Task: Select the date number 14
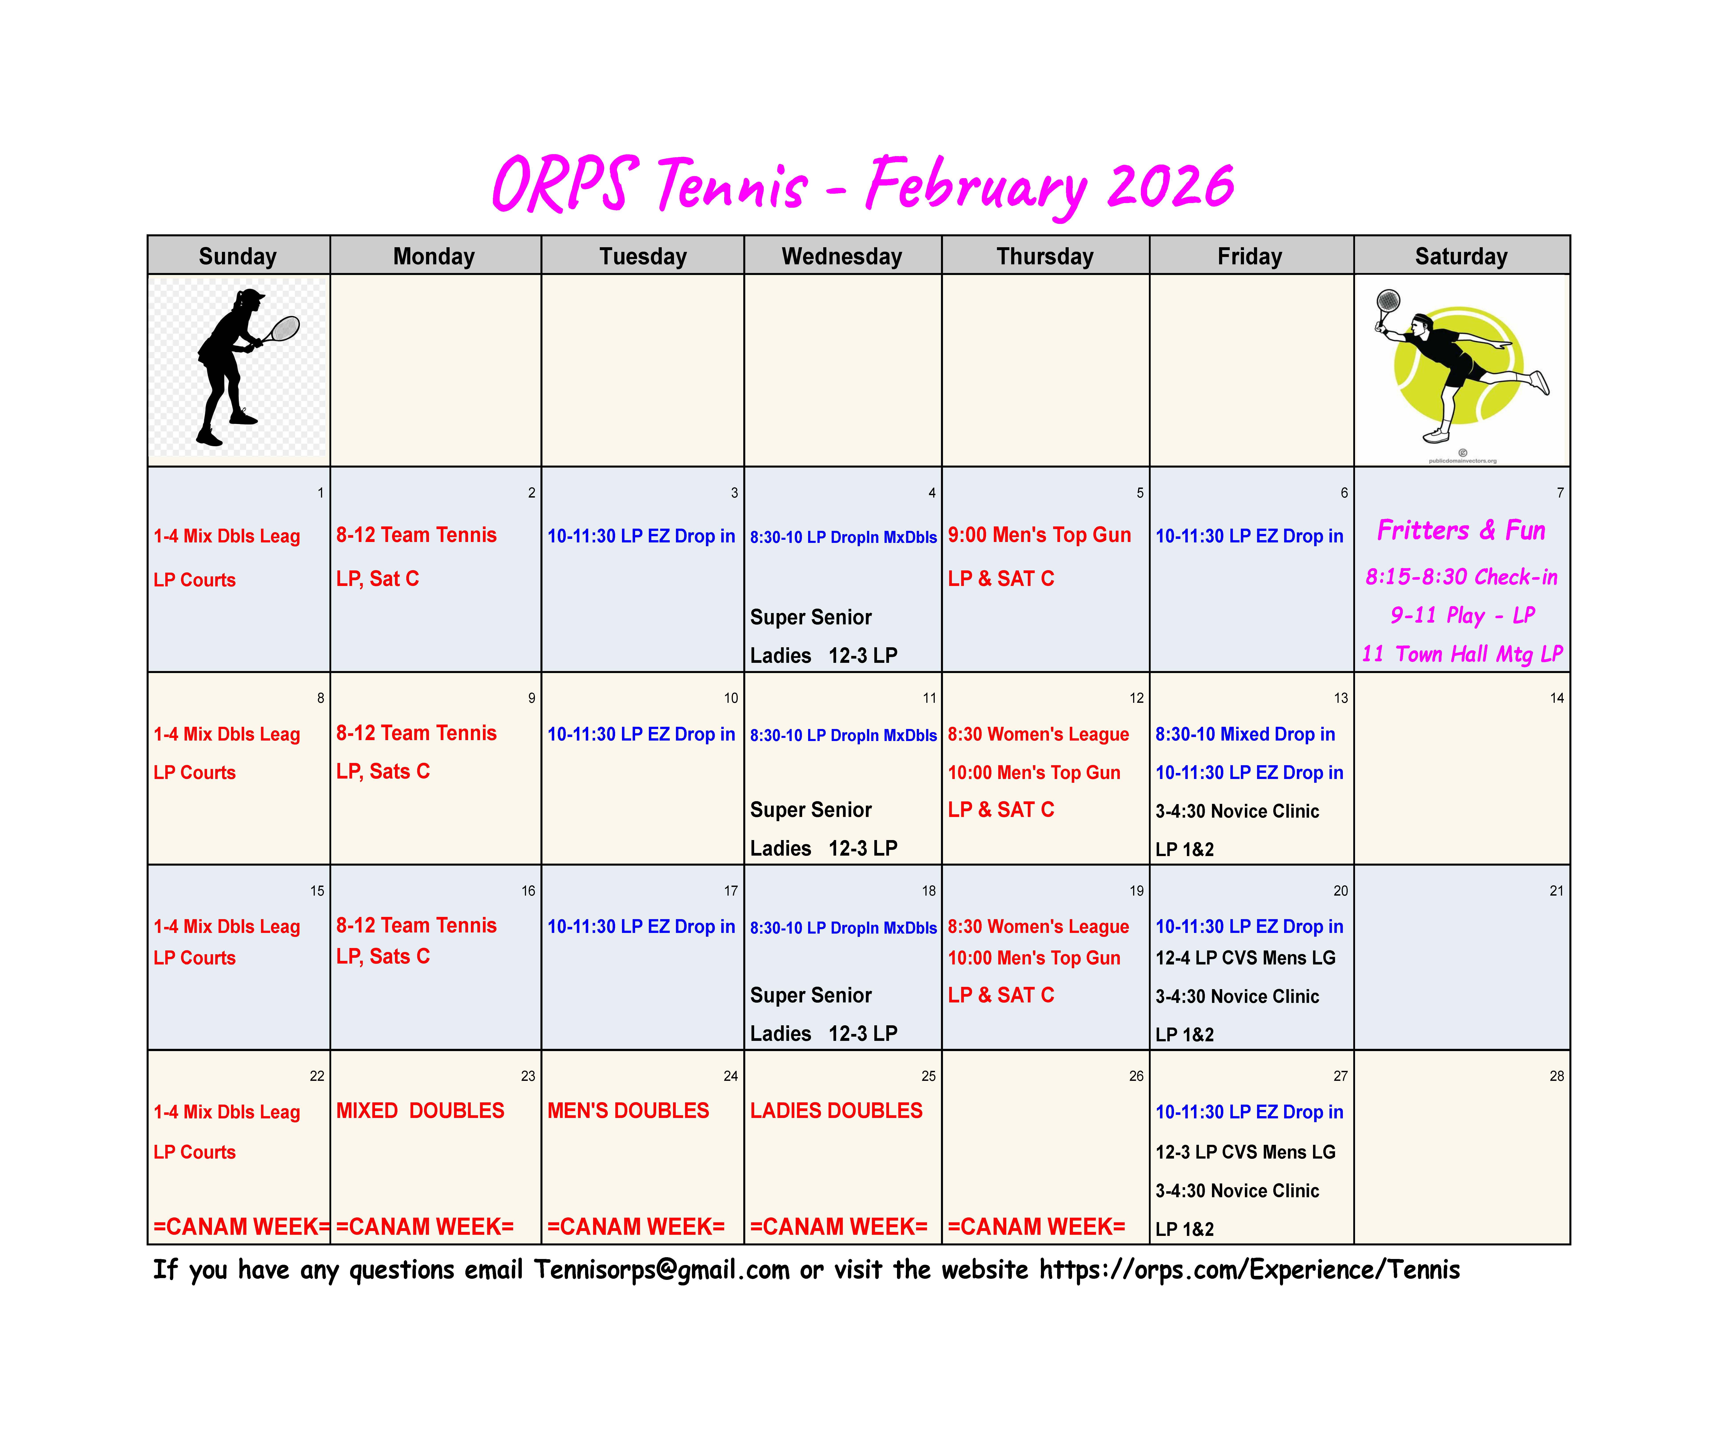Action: tap(1556, 698)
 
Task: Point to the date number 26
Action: tap(1136, 1076)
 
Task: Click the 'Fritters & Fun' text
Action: tap(1461, 530)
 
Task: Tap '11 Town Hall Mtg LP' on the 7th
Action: tap(1462, 654)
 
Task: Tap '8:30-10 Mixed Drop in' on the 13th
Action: tap(1245, 734)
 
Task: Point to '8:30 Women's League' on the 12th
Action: tap(1038, 734)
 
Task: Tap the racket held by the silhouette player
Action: tap(280, 331)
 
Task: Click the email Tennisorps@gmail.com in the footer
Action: tap(662, 1270)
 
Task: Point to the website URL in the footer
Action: tap(1250, 1270)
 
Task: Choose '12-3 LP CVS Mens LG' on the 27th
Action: tap(1246, 1152)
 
